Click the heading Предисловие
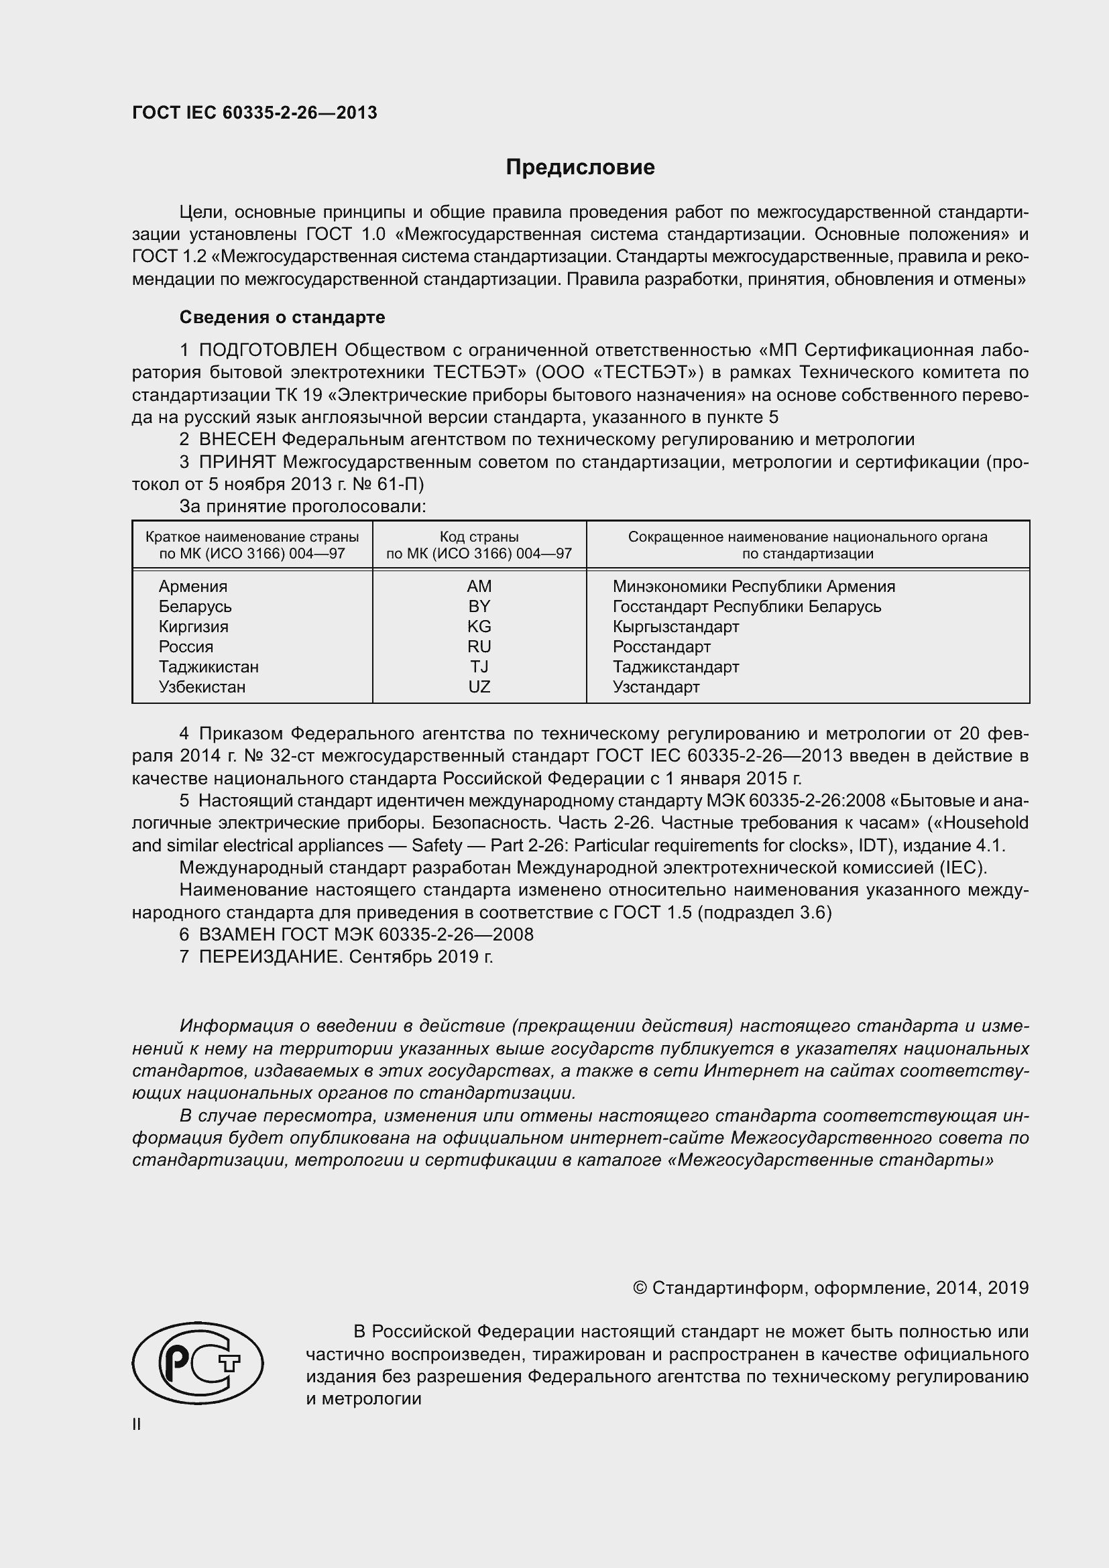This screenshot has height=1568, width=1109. [580, 168]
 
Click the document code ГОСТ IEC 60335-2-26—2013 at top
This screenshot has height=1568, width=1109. [254, 113]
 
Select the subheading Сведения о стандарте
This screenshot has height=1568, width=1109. [282, 317]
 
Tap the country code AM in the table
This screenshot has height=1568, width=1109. [479, 586]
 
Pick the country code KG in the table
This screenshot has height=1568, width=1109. [479, 626]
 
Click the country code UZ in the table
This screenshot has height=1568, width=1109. [479, 686]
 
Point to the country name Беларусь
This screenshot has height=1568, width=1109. [194, 607]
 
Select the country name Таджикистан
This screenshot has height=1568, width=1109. [209, 666]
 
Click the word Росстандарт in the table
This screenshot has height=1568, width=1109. [661, 647]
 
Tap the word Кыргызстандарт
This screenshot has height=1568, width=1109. [675, 626]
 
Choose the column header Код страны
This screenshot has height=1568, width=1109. [479, 537]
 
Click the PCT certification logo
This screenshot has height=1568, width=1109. [197, 1363]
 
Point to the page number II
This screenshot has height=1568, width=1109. [137, 1424]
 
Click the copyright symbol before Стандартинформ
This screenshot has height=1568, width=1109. [639, 1288]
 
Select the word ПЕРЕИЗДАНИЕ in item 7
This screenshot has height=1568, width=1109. [269, 957]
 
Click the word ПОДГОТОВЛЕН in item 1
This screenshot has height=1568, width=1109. [268, 351]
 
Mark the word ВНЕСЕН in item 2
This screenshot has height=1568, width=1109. [237, 440]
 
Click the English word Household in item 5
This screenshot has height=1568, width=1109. [986, 823]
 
